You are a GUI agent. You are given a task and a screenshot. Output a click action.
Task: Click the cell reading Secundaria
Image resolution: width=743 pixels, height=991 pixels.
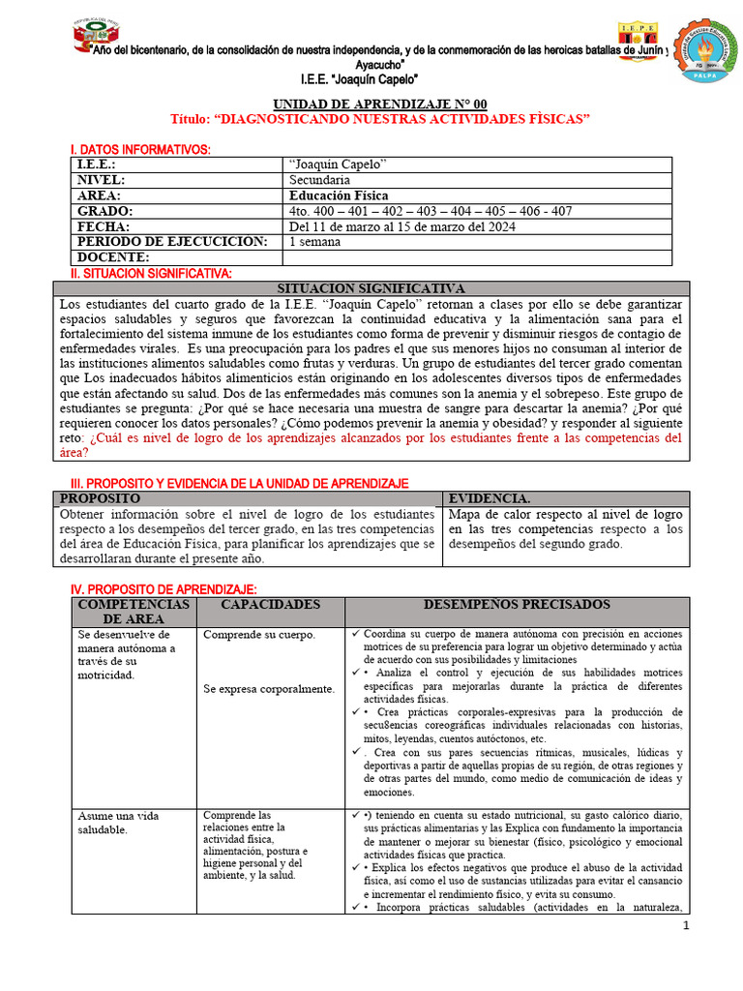[x=320, y=180]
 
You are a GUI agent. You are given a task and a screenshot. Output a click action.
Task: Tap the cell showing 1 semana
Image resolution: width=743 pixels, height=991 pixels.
[x=314, y=242]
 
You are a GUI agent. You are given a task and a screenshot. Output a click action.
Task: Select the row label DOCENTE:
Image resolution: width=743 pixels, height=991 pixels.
[x=114, y=257]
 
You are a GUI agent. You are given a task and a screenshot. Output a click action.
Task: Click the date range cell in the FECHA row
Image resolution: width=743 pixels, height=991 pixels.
[x=402, y=226]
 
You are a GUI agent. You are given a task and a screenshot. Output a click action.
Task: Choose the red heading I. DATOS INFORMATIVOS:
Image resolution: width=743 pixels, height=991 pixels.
[x=140, y=149]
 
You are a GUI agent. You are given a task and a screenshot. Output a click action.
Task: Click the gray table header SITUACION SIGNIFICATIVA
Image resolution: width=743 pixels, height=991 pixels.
[x=371, y=288]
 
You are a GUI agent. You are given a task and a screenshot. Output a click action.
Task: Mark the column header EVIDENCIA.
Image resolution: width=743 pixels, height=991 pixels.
[x=490, y=498]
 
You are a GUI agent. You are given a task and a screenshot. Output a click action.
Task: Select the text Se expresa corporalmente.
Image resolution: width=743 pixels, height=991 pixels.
[x=269, y=689]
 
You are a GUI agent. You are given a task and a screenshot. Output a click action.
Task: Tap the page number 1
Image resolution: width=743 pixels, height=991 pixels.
[x=686, y=927]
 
